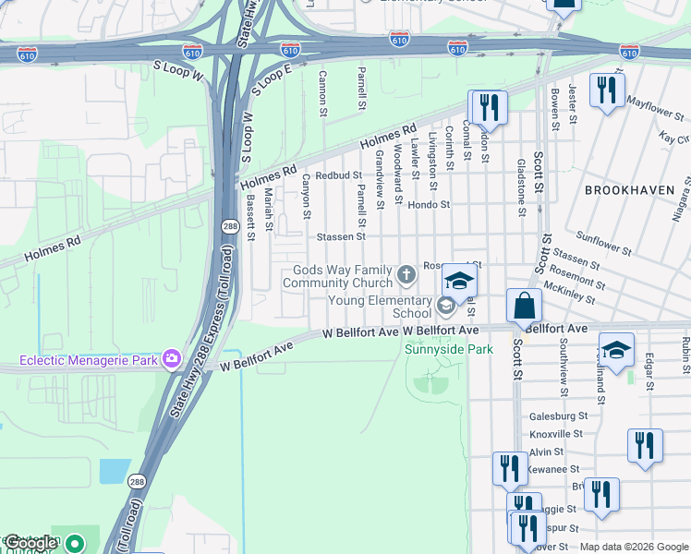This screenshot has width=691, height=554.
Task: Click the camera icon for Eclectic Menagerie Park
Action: coord(171,358)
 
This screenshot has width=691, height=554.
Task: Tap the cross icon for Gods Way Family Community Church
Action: coord(406,274)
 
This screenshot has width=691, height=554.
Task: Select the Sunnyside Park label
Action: coord(449,349)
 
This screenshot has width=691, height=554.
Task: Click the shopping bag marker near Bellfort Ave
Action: coord(524,306)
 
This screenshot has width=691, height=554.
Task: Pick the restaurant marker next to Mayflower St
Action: coord(606,90)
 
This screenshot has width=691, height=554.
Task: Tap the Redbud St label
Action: coord(338,175)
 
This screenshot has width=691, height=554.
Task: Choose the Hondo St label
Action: coord(430,205)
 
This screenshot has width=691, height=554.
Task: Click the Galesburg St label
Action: coord(558,416)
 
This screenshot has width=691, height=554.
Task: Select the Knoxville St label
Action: coord(556,433)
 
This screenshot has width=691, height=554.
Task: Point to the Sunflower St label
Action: coord(603,243)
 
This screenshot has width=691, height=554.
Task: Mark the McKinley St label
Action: coord(570,293)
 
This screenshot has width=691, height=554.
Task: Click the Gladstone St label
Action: coord(522,198)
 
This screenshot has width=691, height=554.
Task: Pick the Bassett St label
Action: coord(250,218)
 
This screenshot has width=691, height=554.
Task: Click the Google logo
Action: coord(31,544)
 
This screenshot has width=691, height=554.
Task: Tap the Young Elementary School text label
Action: coord(382,307)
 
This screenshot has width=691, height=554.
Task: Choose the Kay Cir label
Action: coord(674,138)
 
